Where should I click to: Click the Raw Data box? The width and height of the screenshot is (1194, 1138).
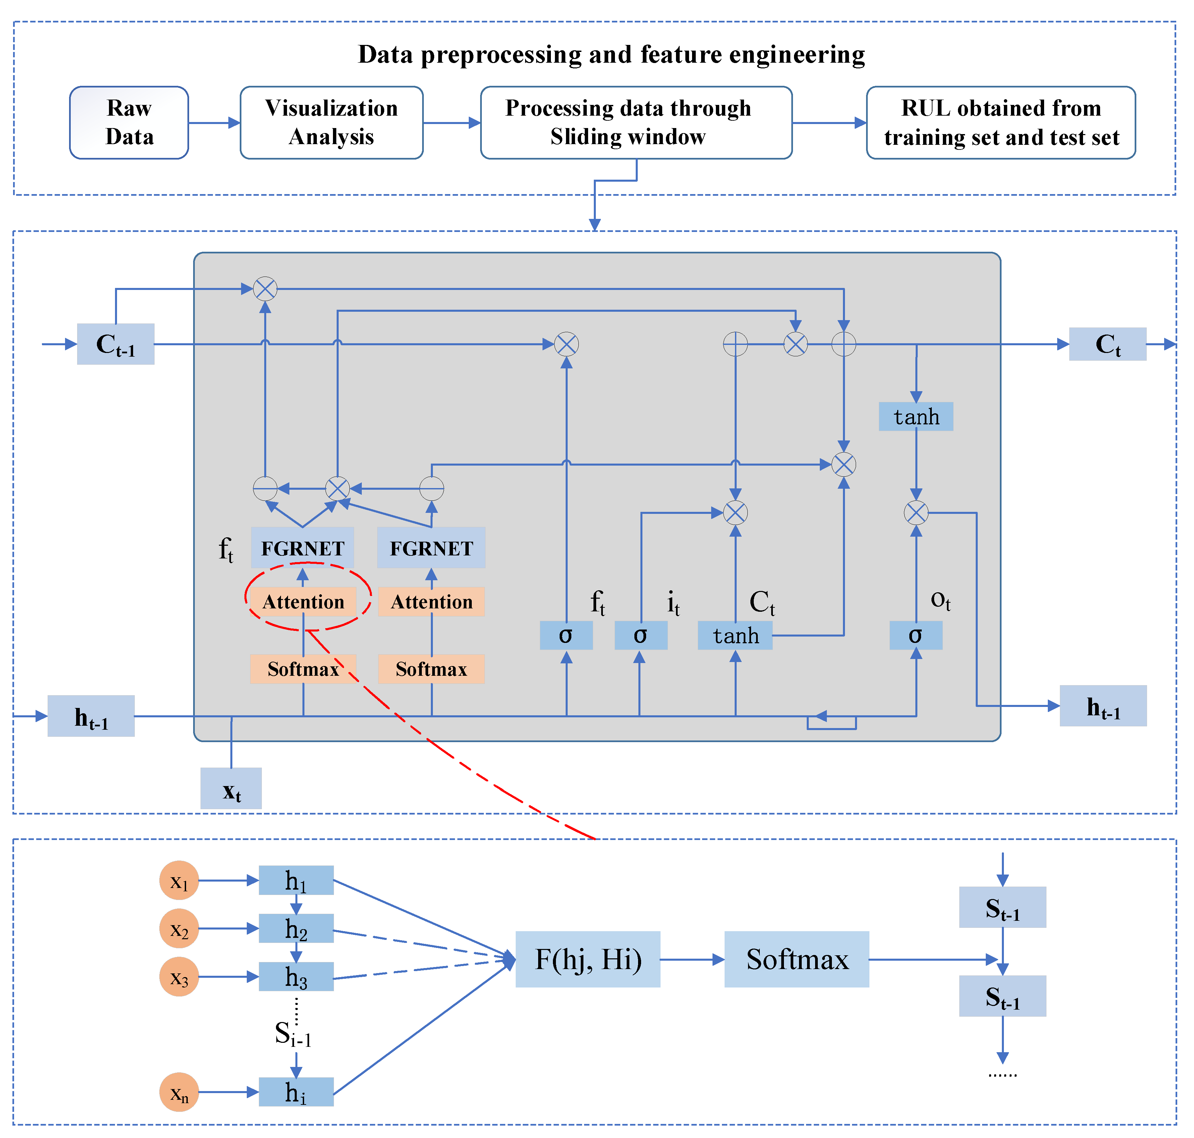129,123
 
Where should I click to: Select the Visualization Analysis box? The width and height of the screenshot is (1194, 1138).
331,123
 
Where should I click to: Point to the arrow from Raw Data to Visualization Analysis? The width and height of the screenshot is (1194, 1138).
214,123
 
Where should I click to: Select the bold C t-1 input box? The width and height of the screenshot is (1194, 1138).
115,344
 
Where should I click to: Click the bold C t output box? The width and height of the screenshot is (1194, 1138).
1107,344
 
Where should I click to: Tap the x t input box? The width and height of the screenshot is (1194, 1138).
231,788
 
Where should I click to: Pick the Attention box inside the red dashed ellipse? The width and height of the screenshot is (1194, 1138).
303,601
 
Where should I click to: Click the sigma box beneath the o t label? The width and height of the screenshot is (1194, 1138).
915,635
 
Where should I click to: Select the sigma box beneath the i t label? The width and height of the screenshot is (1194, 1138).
641,635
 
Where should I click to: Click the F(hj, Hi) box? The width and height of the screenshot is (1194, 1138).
588,959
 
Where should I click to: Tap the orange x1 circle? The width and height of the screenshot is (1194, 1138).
179,880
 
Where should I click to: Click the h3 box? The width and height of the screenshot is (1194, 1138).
296,977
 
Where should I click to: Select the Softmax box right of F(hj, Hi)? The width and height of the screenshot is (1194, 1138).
797,959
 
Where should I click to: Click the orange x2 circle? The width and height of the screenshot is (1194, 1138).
179,928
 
